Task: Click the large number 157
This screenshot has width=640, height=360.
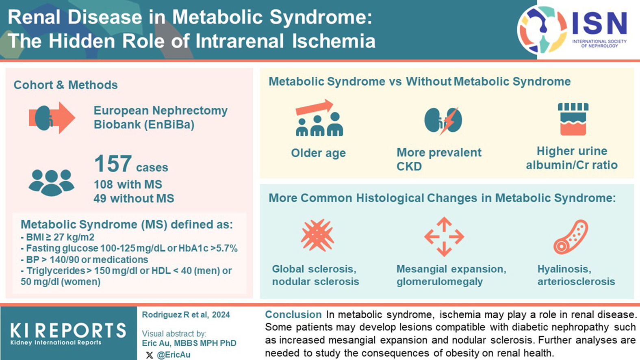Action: click(113, 164)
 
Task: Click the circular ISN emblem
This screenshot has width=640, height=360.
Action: click(542, 30)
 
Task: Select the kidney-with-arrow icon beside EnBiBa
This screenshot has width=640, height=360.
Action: click(52, 118)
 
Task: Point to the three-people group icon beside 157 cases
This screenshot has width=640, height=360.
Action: click(52, 183)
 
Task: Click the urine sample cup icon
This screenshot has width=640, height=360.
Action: click(573, 119)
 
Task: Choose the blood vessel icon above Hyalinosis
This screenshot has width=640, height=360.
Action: click(571, 237)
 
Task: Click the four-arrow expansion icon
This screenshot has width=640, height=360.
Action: click(444, 236)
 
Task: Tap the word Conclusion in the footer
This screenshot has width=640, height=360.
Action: click(293, 314)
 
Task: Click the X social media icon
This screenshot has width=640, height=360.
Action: click(149, 355)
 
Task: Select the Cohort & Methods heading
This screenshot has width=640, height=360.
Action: click(66, 85)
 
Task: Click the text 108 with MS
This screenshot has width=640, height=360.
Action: click(128, 184)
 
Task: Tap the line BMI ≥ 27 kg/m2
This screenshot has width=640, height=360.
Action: click(57, 237)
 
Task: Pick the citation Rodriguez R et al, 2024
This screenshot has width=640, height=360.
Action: click(186, 315)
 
